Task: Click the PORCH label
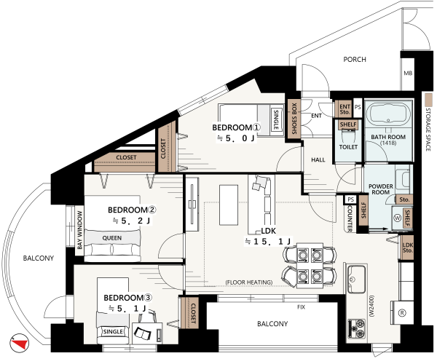355,59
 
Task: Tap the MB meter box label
408,74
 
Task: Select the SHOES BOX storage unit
294,119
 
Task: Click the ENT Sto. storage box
345,109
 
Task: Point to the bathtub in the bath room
388,114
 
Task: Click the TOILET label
348,147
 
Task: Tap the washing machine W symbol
397,218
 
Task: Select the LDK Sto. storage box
407,248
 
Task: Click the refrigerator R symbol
402,313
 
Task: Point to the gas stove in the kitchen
357,328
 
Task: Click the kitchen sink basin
356,279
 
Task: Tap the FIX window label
301,307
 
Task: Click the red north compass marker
20,344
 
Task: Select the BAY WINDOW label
80,230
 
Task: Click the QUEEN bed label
112,238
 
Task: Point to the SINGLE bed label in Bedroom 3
113,332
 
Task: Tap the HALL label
318,159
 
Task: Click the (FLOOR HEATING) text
249,282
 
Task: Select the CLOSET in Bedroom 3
189,313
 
